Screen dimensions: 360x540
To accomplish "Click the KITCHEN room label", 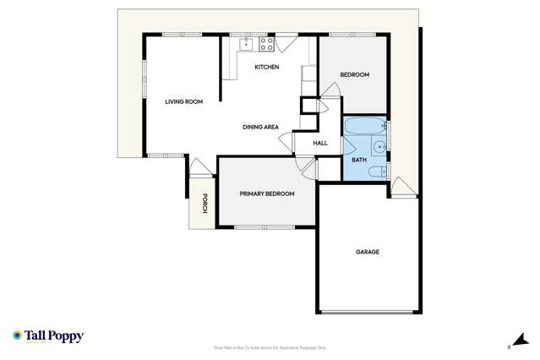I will [267, 68].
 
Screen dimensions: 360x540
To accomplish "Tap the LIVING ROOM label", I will [183, 102].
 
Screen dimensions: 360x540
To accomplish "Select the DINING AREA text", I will [260, 128].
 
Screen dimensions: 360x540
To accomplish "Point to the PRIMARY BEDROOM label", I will [267, 194].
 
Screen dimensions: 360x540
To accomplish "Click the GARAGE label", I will [367, 252].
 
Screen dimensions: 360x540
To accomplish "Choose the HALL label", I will [320, 143].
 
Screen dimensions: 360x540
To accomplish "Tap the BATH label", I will [359, 160].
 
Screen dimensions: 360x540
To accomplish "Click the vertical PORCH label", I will [204, 204].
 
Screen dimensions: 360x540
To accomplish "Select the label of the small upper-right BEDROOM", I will [354, 75].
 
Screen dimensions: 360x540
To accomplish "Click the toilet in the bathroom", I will [377, 172].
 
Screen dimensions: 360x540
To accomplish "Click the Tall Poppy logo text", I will [53, 336].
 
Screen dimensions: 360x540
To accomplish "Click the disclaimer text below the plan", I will [270, 347].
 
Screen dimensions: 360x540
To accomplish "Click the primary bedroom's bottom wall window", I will [265, 226].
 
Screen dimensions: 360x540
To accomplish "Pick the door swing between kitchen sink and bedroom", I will [286, 42].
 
